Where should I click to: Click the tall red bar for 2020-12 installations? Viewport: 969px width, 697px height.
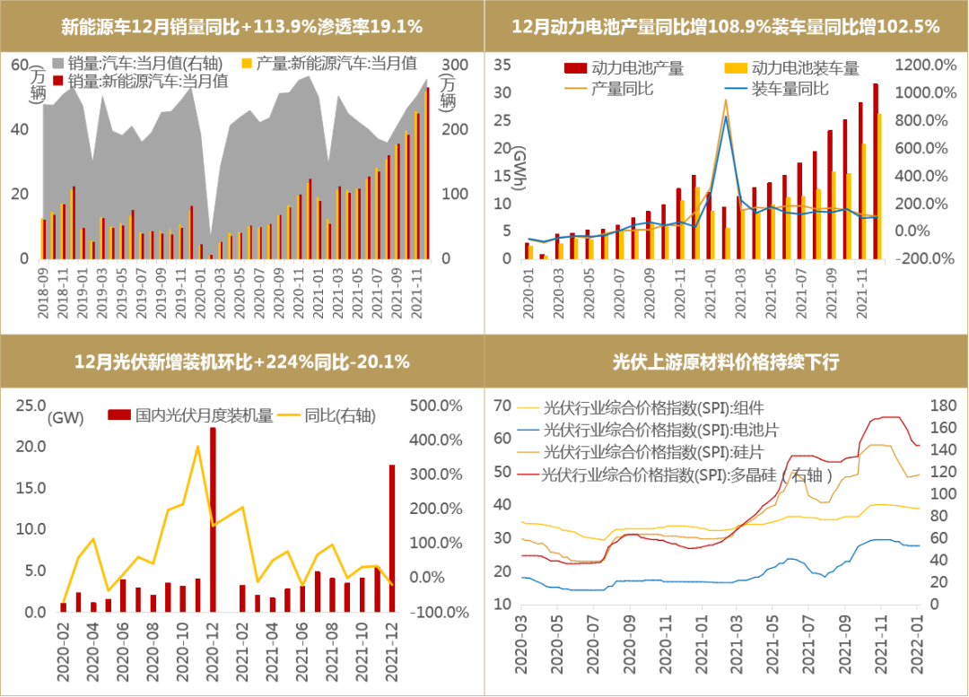point(213,520)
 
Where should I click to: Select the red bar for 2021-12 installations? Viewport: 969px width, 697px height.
point(392,538)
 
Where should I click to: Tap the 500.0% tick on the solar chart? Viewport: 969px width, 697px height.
point(436,405)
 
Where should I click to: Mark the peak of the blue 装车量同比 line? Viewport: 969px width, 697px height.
point(725,116)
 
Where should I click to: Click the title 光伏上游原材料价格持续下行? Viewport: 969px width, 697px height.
point(725,362)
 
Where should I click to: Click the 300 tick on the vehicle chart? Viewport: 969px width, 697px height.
point(457,65)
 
